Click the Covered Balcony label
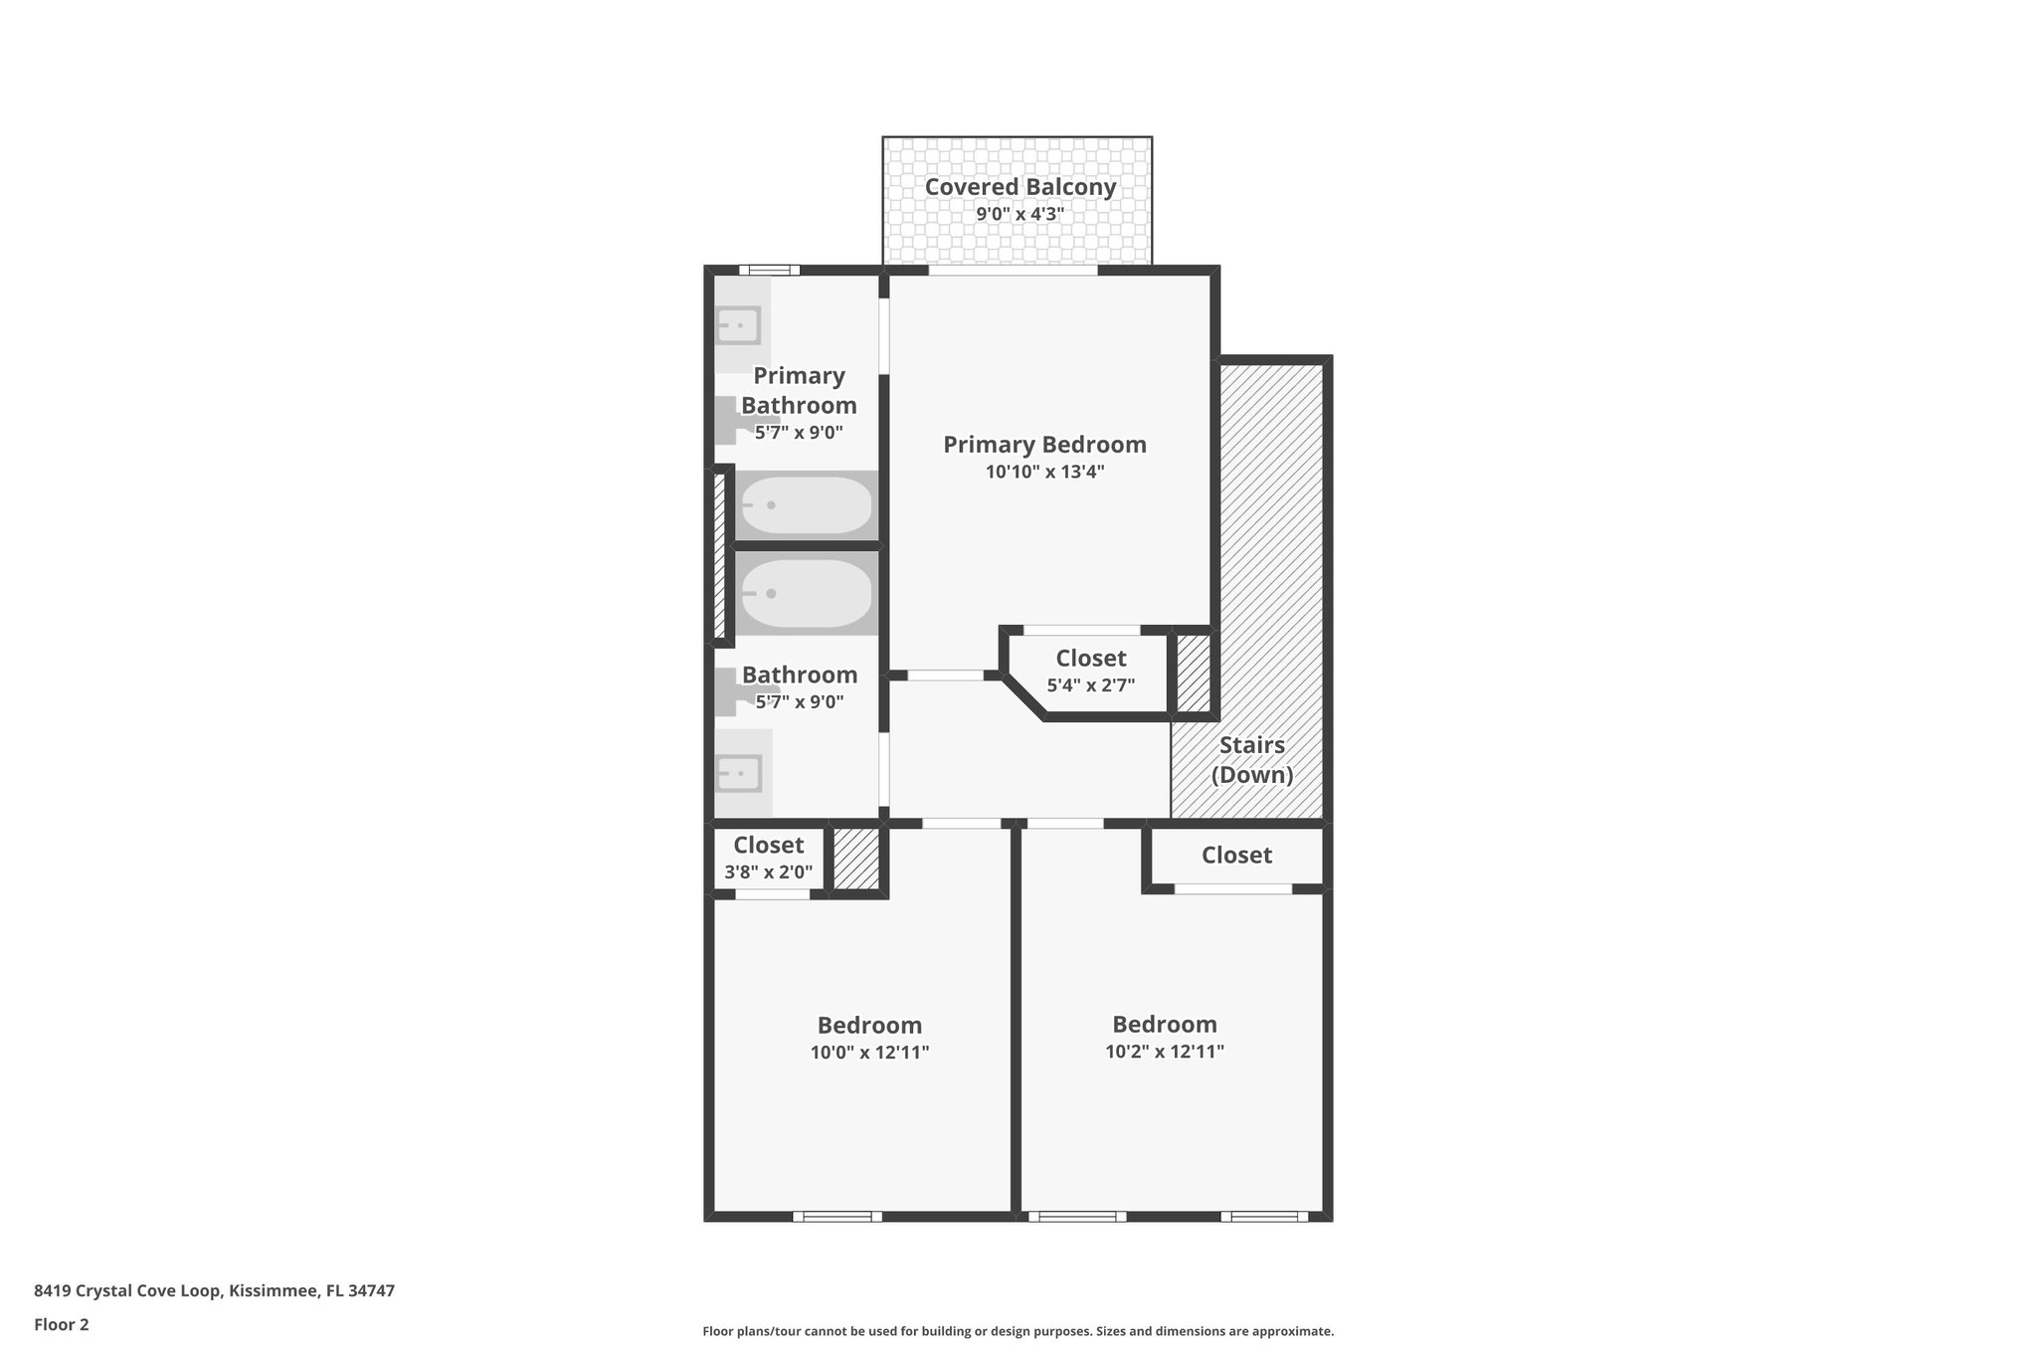click(1019, 187)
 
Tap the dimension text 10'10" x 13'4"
click(1044, 472)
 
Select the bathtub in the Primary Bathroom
click(806, 505)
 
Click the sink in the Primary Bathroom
click(739, 325)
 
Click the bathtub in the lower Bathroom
click(806, 593)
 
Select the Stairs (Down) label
click(1251, 760)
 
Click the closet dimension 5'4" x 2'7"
click(1090, 685)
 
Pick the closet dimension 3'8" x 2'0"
click(768, 873)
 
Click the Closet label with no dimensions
click(1236, 856)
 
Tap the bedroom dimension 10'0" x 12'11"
click(869, 1053)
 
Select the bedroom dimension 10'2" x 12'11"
click(1164, 1052)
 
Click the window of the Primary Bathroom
click(770, 270)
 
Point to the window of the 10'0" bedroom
click(836, 1216)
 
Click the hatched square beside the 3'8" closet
click(855, 859)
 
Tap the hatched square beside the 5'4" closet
click(1193, 673)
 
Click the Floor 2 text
click(62, 1324)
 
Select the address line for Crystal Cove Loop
click(214, 1290)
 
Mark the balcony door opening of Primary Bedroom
click(1013, 270)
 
